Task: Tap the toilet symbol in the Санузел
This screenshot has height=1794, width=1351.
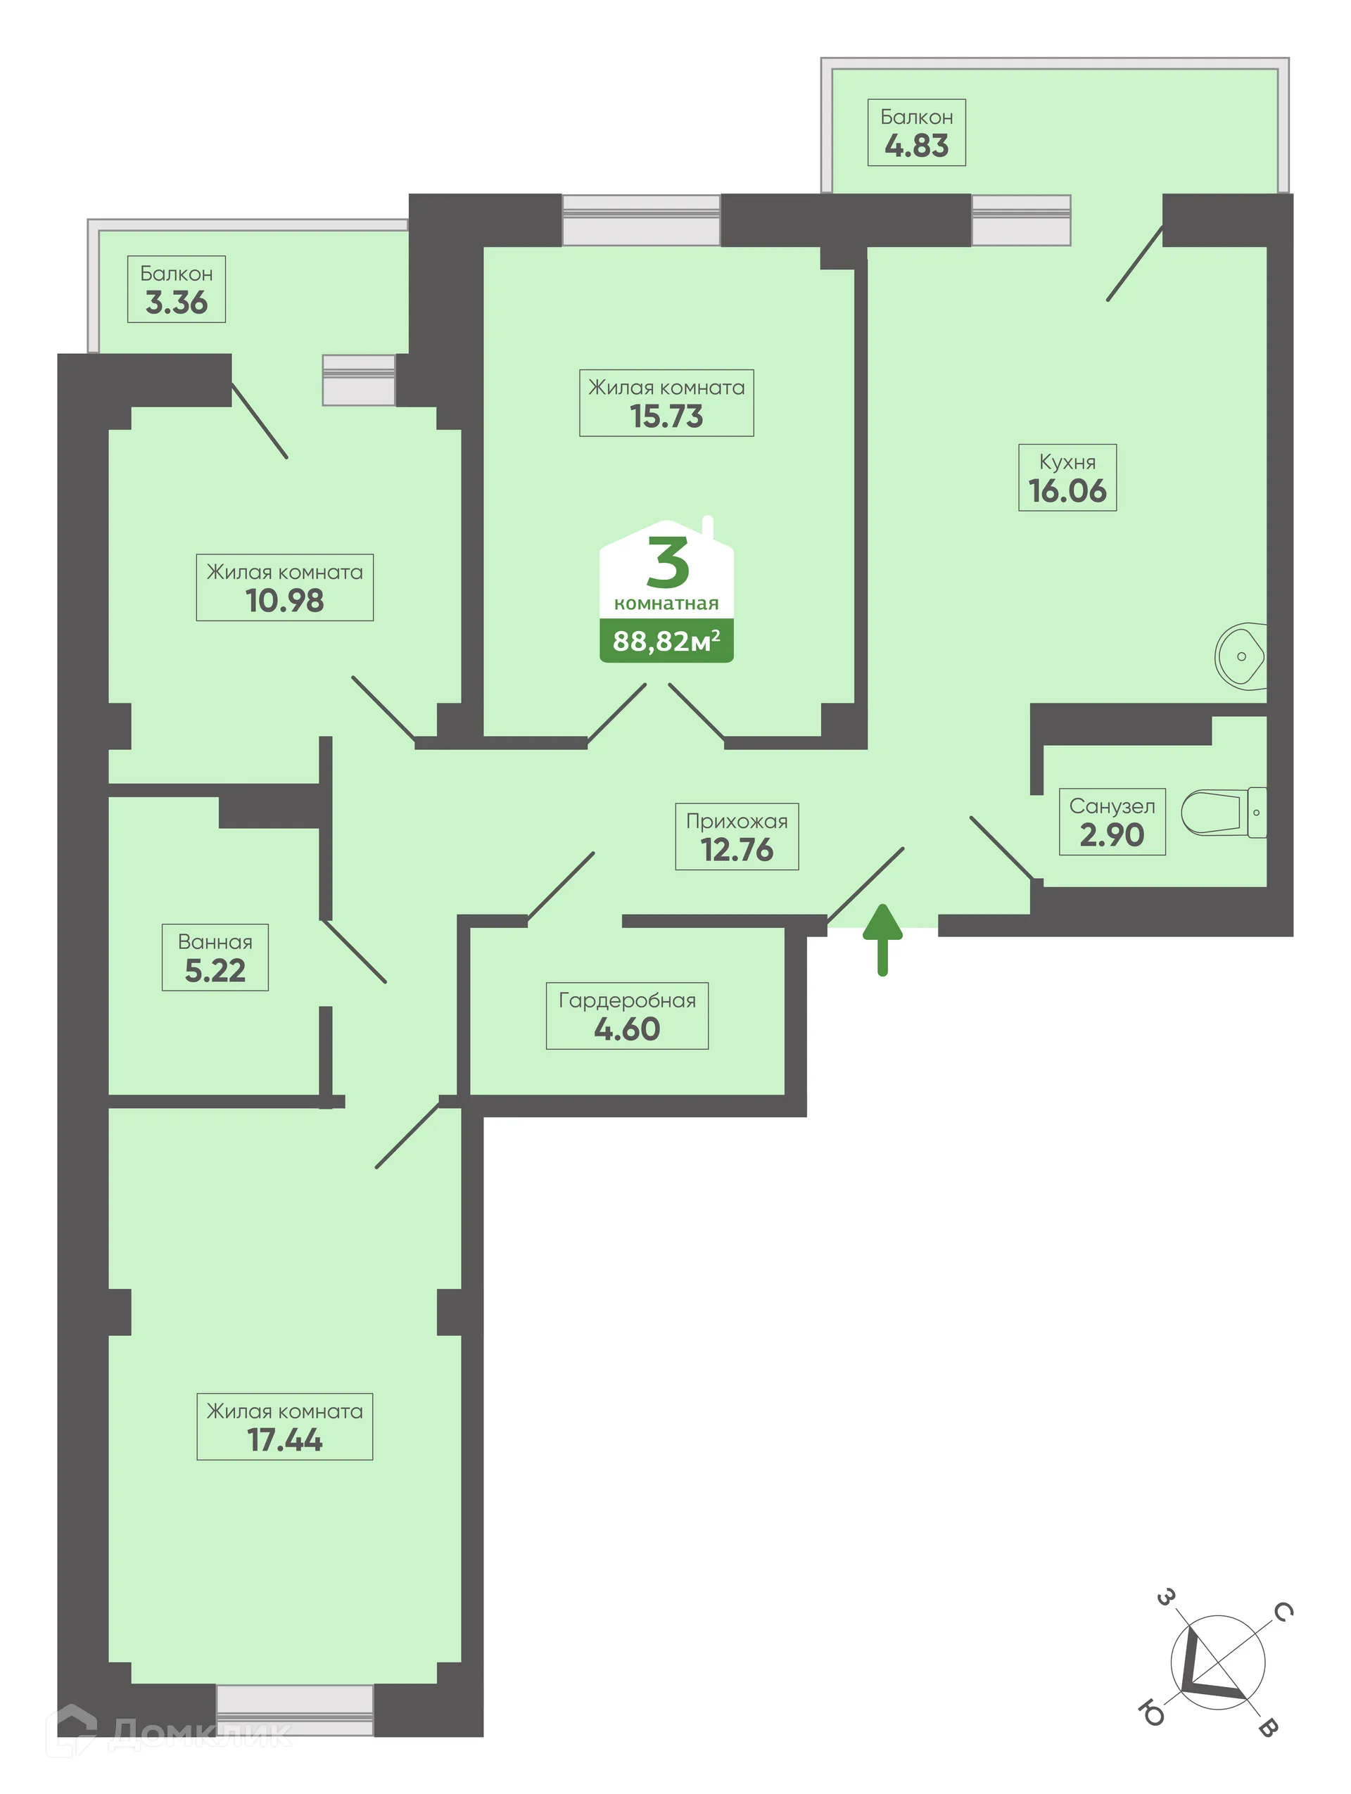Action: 1220,812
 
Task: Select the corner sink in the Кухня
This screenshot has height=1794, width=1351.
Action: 1240,655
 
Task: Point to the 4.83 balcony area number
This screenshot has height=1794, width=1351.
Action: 916,146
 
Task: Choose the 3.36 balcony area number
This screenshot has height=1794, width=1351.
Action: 176,303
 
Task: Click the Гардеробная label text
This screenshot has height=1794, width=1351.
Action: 627,1000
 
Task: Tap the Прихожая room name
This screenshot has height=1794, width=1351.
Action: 736,821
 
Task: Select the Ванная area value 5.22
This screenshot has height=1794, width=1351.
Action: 215,971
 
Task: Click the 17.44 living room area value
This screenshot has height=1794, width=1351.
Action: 285,1440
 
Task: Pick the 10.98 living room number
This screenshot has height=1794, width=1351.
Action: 285,601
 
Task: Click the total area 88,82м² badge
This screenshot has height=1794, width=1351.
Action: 666,641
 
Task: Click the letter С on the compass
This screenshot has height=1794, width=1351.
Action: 1282,1612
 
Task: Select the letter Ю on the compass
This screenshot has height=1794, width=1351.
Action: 1150,1714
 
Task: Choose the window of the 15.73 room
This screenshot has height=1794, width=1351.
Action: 640,219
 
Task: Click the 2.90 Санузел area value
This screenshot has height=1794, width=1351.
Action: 1111,835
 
